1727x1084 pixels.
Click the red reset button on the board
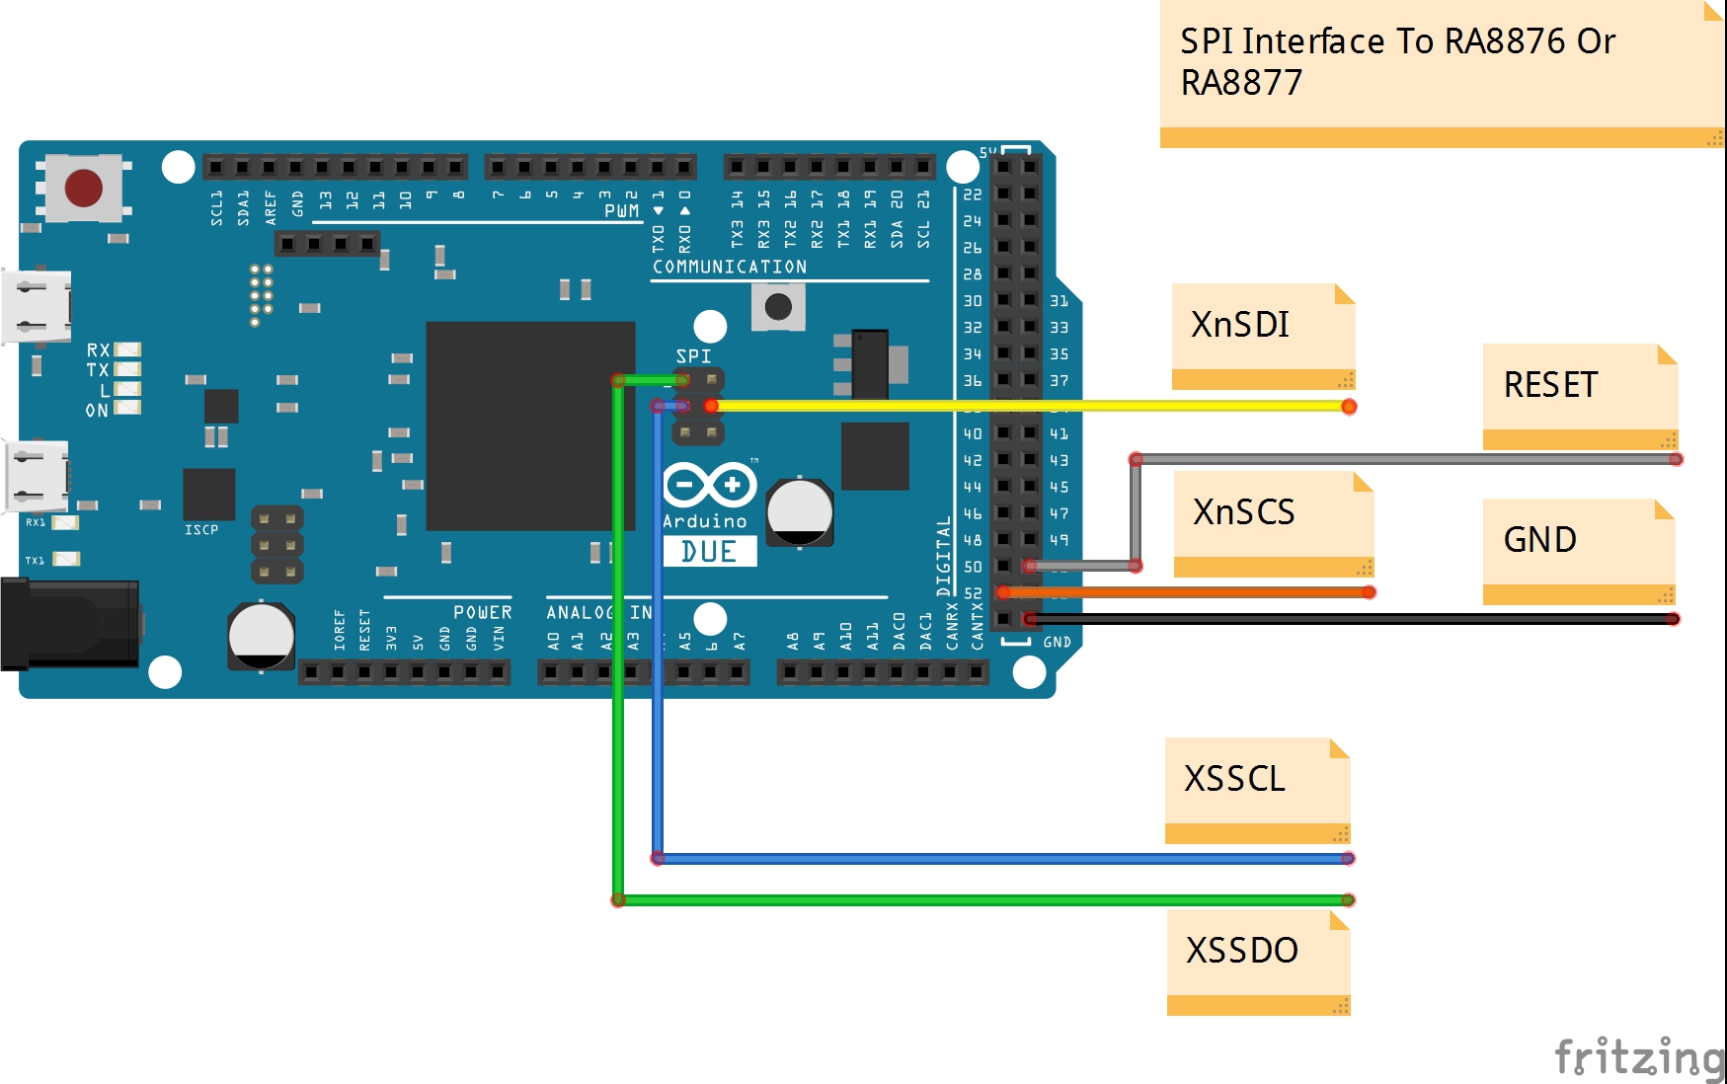(83, 188)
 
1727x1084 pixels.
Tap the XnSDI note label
(1240, 325)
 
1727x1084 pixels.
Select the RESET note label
(1550, 385)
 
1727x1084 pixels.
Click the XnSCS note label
(1243, 512)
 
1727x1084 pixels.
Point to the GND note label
(1539, 540)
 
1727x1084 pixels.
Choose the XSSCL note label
(1234, 779)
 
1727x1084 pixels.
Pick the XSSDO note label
(1241, 951)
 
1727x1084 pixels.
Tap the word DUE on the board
(709, 552)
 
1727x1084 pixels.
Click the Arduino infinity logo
(709, 485)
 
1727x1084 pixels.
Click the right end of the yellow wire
(1349, 407)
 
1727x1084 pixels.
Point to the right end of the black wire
(1673, 619)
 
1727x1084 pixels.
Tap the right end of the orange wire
(1369, 592)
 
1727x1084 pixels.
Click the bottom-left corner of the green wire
(618, 899)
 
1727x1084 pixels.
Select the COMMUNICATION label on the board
(729, 268)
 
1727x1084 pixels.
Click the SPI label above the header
(693, 355)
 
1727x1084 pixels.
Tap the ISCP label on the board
(201, 530)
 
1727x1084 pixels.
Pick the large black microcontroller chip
(530, 426)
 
